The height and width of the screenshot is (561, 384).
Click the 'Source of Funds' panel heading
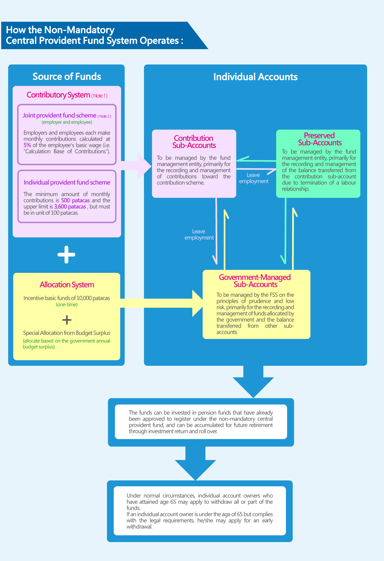pos(67,76)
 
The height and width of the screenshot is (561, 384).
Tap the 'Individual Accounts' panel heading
pos(255,77)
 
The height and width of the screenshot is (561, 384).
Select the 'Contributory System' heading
pos(58,95)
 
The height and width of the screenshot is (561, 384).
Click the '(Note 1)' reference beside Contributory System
pos(99,96)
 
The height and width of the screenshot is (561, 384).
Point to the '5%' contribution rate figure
pos(27,145)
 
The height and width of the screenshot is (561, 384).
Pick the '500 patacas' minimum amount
pos(75,200)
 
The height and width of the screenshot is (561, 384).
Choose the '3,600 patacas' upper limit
pos(70,207)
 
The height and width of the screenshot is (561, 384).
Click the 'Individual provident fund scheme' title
pos(67,182)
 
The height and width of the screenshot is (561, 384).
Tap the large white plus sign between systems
pos(66,255)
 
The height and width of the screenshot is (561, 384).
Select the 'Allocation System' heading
pos(67,285)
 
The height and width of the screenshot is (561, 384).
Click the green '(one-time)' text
pos(67,304)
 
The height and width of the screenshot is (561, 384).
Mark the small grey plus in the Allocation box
pos(67,320)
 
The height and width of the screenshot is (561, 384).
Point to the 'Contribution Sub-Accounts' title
pos(194,142)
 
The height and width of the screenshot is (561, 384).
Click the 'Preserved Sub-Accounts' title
pos(319,139)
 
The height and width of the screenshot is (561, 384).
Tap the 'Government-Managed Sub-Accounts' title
pos(255,281)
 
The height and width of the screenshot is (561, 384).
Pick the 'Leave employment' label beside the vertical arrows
pos(199,234)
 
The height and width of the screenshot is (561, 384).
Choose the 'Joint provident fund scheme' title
pos(59,115)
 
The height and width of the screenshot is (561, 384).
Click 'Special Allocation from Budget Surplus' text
pos(67,333)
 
